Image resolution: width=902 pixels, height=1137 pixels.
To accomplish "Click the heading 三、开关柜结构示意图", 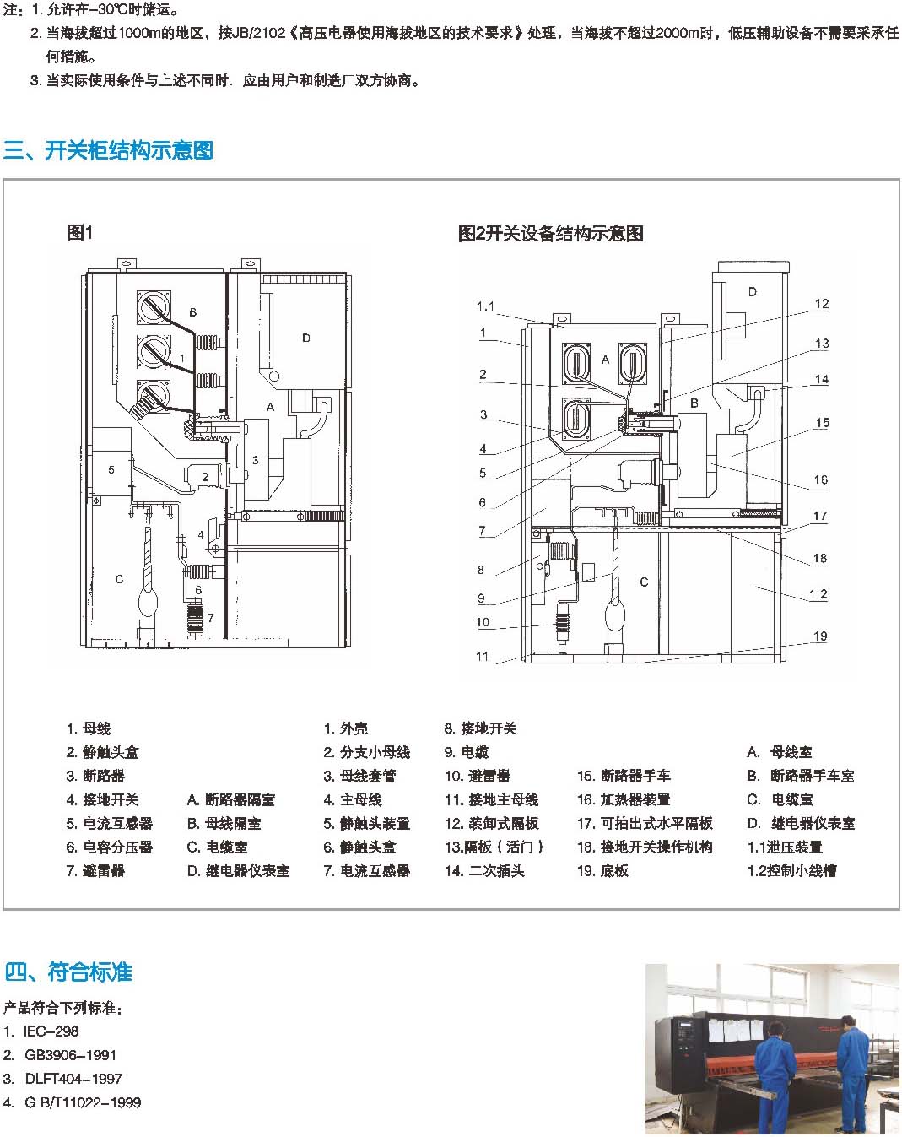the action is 108,150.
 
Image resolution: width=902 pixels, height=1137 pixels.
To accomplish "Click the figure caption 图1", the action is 80,232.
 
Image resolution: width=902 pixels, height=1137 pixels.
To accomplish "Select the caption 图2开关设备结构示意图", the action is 550,233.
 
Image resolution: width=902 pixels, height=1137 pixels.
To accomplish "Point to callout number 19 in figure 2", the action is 819,636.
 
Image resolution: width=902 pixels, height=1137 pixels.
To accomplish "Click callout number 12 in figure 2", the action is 822,304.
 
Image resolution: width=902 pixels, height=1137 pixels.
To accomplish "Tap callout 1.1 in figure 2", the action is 485,306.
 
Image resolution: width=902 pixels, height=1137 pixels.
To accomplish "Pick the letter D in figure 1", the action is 306,338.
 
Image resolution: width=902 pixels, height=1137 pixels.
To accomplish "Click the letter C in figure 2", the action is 644,582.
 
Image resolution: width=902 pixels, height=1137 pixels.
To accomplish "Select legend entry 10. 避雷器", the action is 478,776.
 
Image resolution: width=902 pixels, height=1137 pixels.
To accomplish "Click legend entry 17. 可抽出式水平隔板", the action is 645,823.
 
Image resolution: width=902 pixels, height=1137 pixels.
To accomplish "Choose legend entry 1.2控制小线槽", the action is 791,870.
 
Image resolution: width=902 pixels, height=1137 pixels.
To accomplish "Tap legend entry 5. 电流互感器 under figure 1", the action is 110,823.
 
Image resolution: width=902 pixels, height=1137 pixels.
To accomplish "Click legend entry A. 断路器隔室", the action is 231,799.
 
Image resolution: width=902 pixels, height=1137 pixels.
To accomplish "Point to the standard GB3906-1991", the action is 60,1055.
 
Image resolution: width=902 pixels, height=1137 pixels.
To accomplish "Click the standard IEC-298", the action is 41,1031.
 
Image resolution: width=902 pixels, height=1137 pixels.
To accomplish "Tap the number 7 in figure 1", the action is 211,617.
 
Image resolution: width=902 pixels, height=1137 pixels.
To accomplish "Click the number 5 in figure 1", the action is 111,469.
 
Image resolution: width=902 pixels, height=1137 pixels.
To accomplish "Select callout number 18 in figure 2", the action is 819,558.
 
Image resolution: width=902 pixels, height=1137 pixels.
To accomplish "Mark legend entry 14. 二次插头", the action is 484,870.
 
